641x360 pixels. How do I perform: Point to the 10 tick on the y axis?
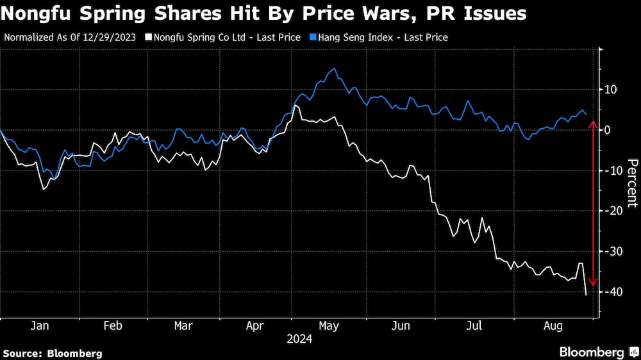click(610, 89)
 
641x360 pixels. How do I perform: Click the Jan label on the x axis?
click(40, 326)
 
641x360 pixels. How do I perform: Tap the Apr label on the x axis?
click(255, 326)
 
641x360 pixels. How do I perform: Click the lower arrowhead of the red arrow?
click(594, 284)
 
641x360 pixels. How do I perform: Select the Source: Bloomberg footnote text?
click(53, 353)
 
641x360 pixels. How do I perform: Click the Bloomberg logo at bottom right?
click(598, 352)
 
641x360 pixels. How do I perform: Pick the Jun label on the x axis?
click(401, 326)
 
